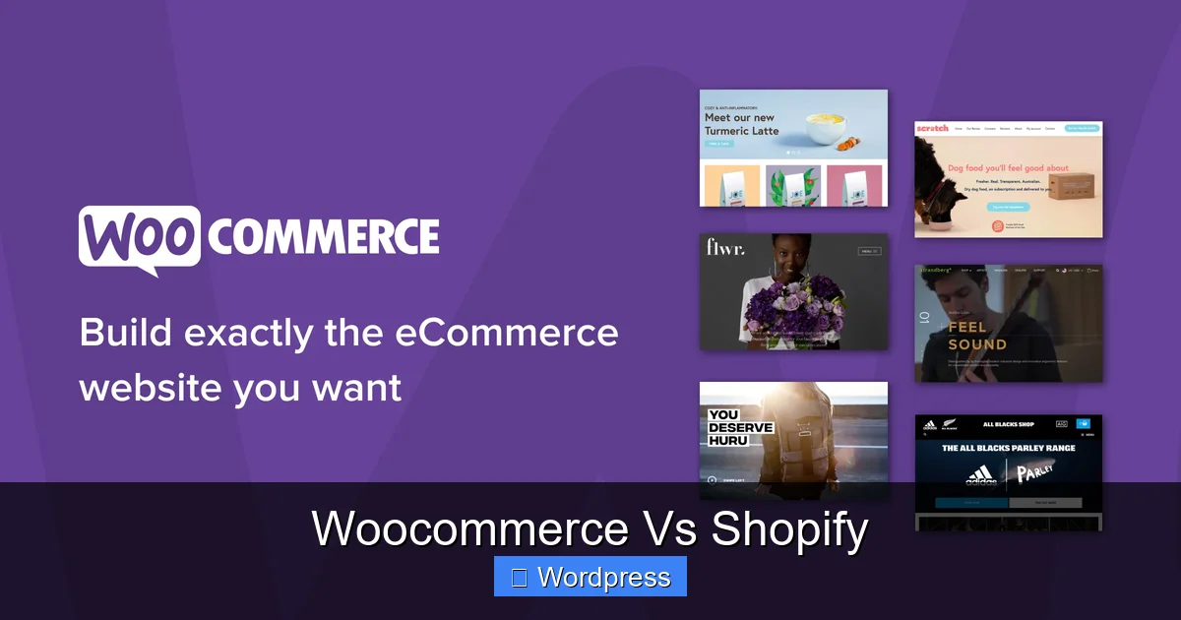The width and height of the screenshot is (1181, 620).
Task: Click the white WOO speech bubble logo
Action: coord(139,238)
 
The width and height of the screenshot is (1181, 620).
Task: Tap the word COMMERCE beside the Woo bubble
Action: coord(324,237)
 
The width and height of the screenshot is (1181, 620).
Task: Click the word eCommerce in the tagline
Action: coord(507,333)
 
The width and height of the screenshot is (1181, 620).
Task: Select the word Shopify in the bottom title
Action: coord(790,528)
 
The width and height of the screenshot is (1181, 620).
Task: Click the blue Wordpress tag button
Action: coord(590,577)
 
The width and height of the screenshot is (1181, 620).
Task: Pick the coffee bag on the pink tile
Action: coord(853,186)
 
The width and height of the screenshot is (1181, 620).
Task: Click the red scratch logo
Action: coord(932,129)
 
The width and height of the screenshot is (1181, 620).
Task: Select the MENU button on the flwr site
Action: coord(869,251)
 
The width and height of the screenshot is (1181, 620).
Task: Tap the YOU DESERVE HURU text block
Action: coord(740,428)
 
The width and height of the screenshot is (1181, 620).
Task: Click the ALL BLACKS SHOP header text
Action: coord(1009,425)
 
